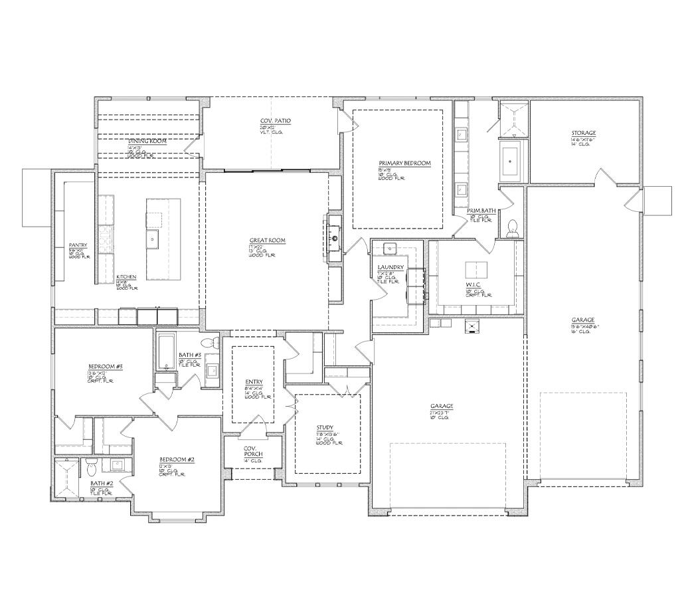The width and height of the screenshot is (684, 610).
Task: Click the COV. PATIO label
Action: (275, 121)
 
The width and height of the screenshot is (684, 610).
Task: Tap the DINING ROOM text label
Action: (147, 142)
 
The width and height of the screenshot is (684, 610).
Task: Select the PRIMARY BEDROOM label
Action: (404, 163)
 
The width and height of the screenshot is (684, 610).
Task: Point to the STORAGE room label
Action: (584, 134)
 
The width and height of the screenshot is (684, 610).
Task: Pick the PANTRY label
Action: (78, 245)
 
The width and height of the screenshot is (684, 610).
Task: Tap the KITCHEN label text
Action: (126, 276)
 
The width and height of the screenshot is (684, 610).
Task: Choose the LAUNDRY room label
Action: (390, 267)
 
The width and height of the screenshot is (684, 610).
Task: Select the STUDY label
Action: (325, 428)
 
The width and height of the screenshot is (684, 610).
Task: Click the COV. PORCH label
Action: (253, 451)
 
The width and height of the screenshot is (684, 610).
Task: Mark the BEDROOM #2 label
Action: (177, 460)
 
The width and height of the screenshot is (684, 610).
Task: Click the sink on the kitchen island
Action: (152, 239)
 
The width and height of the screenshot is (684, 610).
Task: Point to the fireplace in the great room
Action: (335, 238)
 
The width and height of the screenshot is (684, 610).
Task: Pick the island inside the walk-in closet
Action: (475, 270)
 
